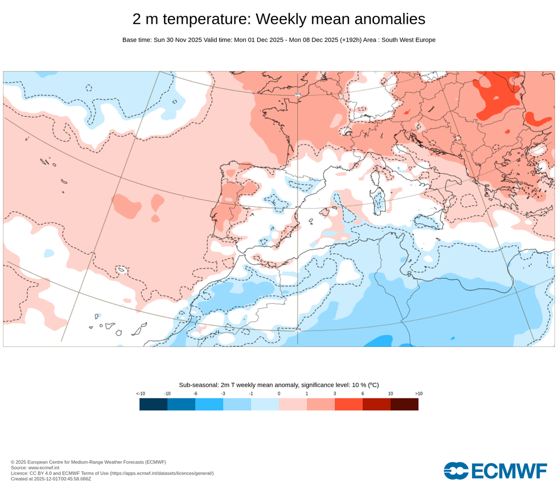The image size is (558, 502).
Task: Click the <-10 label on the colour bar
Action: [x=140, y=393]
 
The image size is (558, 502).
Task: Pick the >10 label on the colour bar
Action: [x=418, y=393]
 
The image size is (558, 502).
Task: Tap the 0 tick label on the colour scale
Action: [x=279, y=393]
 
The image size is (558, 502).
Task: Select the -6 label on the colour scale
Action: [x=195, y=393]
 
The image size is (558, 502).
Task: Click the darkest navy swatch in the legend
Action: [x=153, y=404]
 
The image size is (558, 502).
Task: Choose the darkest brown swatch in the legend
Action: [x=404, y=404]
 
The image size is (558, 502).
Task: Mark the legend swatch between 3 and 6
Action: [x=349, y=404]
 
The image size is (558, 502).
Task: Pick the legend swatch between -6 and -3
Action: [x=209, y=404]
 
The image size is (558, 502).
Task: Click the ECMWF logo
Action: [x=495, y=470]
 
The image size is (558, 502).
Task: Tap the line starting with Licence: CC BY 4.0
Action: [x=112, y=473]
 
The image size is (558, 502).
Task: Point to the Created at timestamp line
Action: [x=51, y=479]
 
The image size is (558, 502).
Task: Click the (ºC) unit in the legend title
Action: [x=373, y=384]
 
